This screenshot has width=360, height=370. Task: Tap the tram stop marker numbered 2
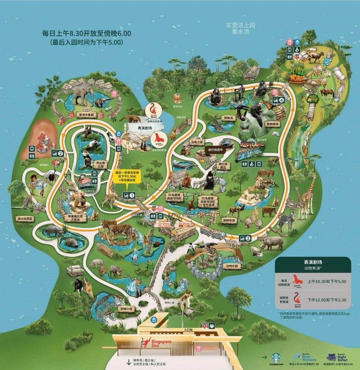click(57, 154)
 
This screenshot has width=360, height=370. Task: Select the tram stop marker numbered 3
click(245, 238)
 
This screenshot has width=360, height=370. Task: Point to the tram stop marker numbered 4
click(279, 99)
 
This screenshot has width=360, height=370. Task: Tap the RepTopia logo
click(252, 145)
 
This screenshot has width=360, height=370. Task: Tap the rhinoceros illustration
click(271, 243)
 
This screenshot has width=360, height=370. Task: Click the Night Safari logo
click(338, 356)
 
